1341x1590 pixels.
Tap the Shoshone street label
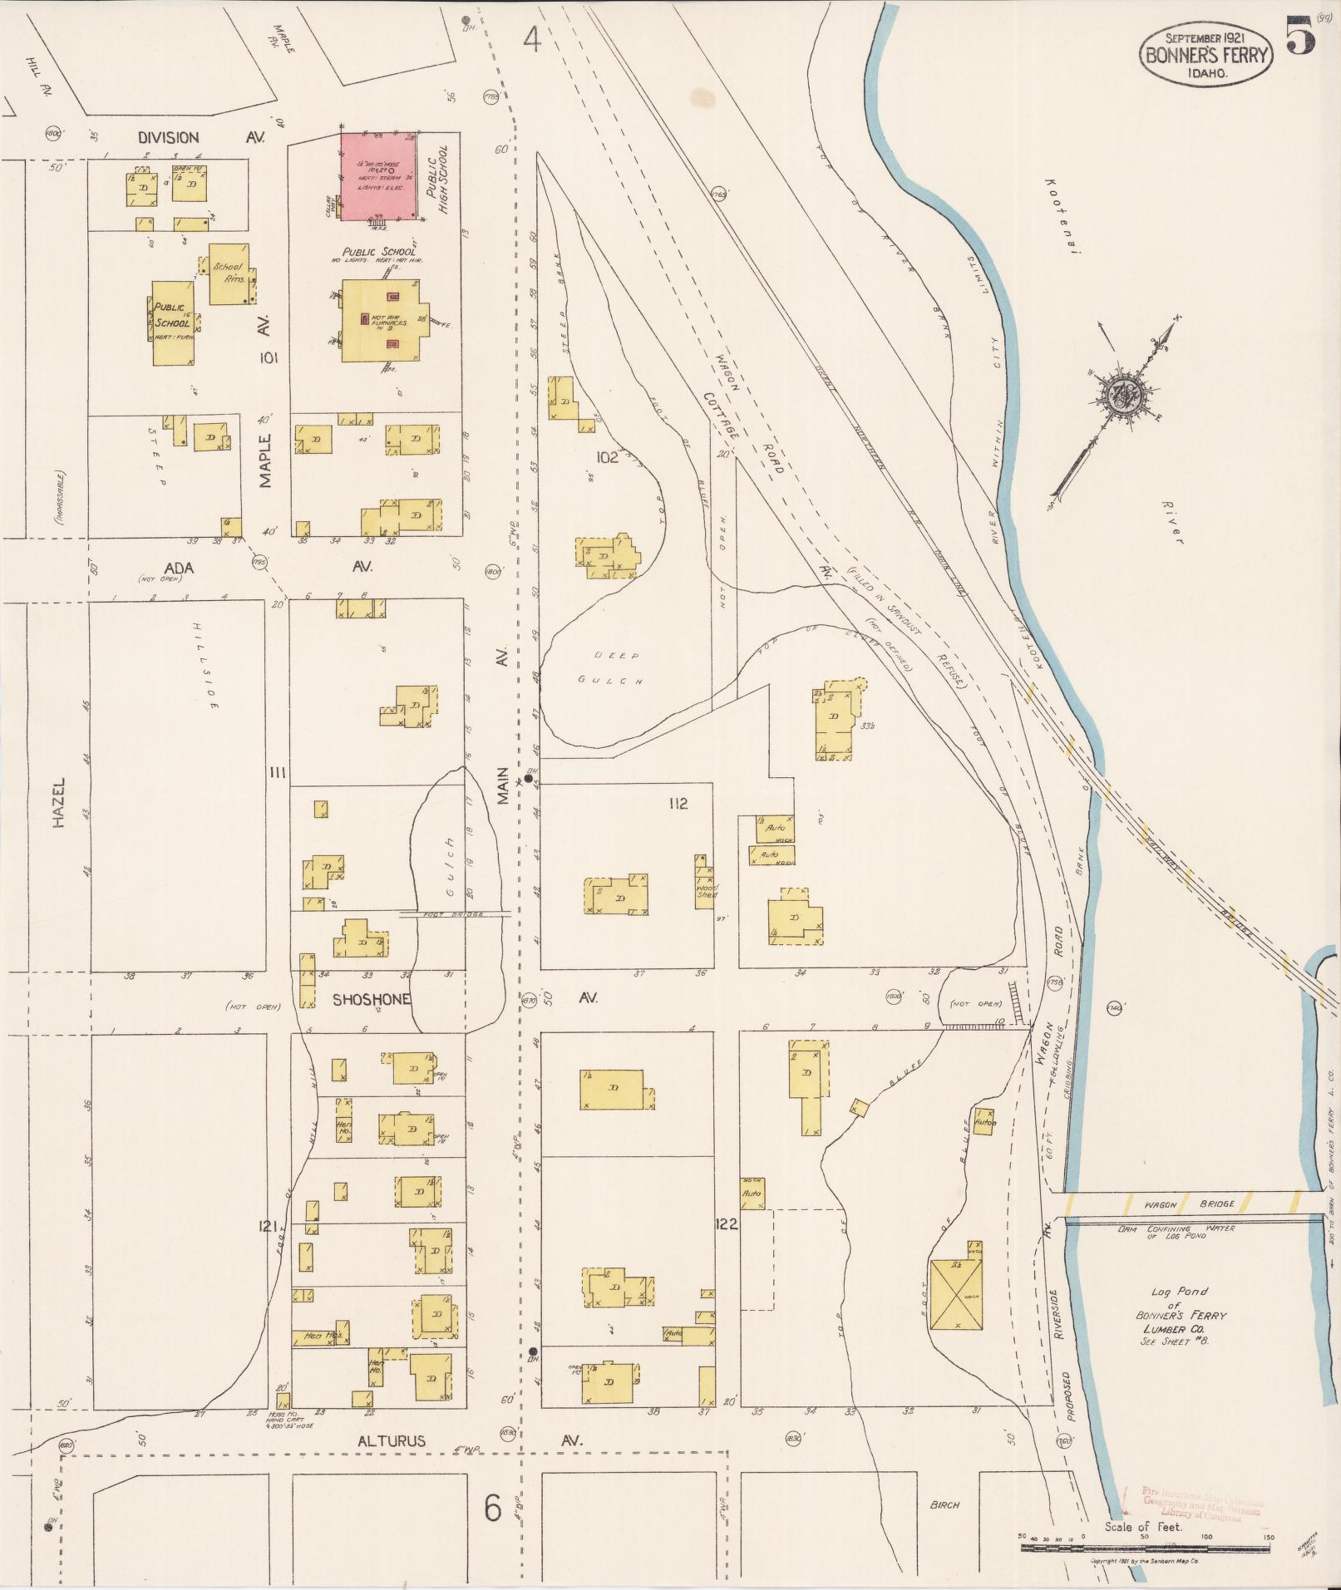point(372,999)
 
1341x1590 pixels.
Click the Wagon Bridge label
point(1189,1204)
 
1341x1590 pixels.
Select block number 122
point(726,1224)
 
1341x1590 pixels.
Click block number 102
point(607,457)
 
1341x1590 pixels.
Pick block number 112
point(678,804)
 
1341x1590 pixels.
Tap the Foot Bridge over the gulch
point(455,913)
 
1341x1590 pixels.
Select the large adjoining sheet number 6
point(493,1508)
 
